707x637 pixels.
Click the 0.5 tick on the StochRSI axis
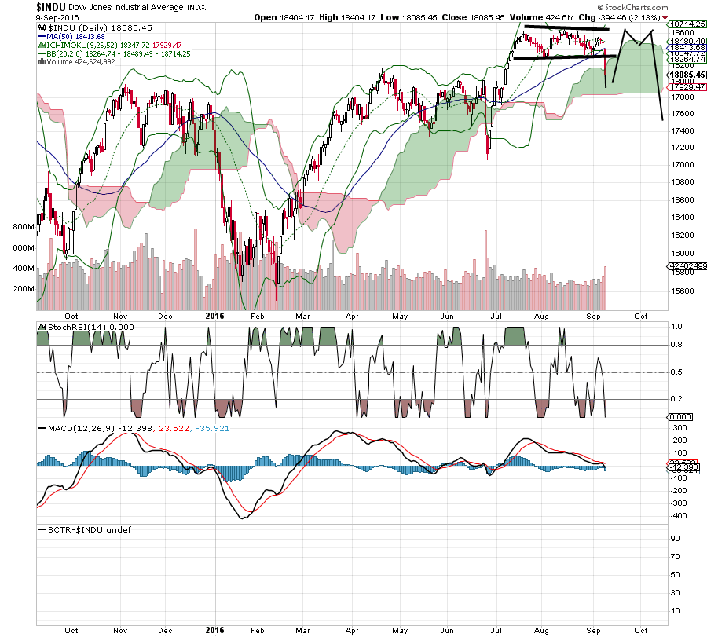pyautogui.click(x=676, y=372)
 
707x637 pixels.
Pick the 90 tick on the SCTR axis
pyautogui.click(x=673, y=539)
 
